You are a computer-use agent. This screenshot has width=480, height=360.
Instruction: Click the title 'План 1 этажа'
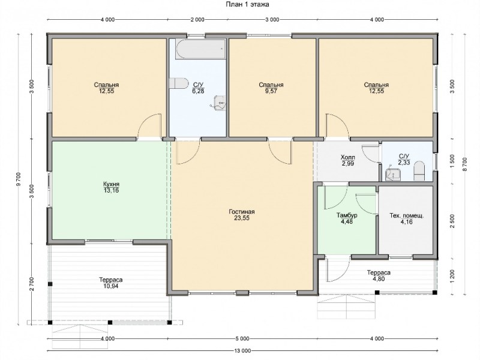click(x=247, y=4)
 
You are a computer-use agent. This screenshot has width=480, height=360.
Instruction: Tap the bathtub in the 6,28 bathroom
click(x=200, y=49)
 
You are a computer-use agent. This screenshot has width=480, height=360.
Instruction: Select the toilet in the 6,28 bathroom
click(x=179, y=83)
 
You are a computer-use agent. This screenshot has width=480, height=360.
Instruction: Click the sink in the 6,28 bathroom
click(x=220, y=103)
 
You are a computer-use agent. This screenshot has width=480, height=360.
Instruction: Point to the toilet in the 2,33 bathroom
click(x=419, y=171)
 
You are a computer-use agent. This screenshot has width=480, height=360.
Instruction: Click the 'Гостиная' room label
click(x=242, y=212)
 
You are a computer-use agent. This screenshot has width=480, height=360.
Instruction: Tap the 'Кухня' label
click(x=111, y=184)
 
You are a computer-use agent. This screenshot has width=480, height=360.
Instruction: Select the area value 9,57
click(x=271, y=91)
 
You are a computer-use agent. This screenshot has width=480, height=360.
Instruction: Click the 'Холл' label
click(x=348, y=157)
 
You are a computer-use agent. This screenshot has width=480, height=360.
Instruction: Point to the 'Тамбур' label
click(x=347, y=215)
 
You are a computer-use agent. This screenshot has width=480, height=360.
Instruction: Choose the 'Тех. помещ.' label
click(x=407, y=216)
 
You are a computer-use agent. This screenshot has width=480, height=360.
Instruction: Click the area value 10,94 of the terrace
click(x=111, y=286)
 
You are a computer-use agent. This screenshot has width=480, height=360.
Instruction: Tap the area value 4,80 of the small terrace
click(x=379, y=279)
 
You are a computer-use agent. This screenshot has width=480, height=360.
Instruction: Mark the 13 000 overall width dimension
click(x=242, y=351)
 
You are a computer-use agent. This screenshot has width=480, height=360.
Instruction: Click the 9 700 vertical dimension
click(x=19, y=179)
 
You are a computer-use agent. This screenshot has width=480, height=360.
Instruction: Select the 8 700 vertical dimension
click(x=465, y=164)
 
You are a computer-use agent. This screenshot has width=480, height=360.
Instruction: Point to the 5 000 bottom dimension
click(x=242, y=339)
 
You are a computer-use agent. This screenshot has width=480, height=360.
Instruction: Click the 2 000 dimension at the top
click(x=197, y=20)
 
